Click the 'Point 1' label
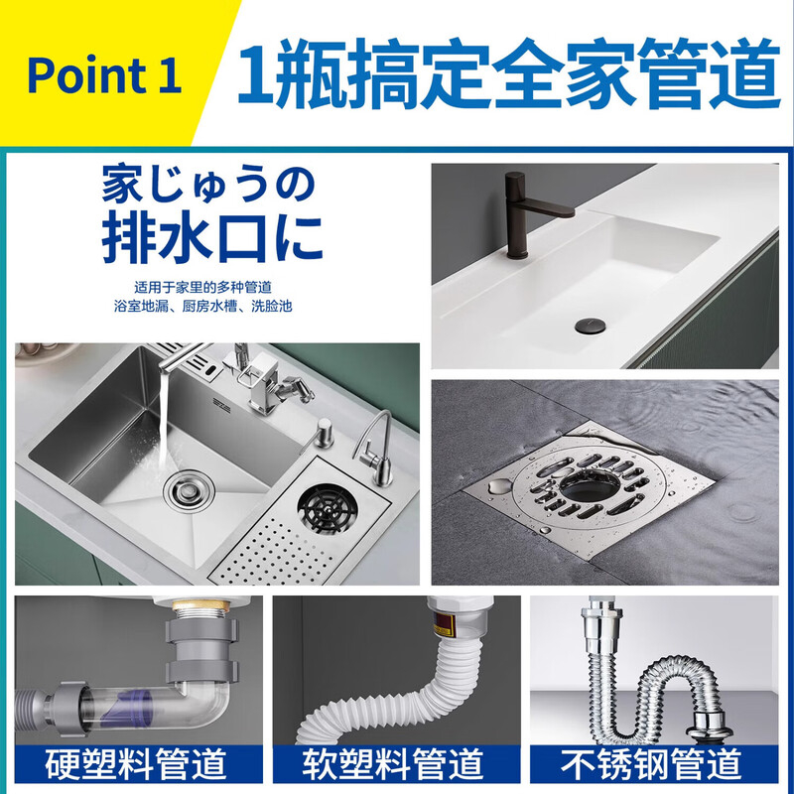104,76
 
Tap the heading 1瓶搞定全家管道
508,73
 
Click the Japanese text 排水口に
212,238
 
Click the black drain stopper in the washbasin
590,326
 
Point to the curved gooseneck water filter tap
375,447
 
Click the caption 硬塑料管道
136,764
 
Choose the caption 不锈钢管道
651,764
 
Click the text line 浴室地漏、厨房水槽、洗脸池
203,307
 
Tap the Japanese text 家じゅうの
208,184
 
